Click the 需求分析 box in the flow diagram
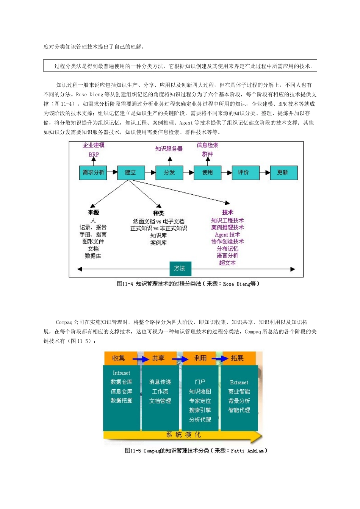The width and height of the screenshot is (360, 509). pos(93,173)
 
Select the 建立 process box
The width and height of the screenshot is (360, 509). pos(130,173)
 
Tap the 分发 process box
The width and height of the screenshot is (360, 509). pos(169,173)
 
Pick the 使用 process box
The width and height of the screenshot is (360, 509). pos(207,173)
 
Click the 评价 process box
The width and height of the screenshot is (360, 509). pos(244,173)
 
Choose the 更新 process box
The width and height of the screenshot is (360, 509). pos(283,173)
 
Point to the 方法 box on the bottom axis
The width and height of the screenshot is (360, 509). pos(180,269)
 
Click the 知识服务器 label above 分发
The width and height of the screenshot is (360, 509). pos(169,149)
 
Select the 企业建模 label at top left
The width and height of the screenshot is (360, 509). pos(94,145)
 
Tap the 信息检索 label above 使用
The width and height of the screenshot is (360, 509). pos(207,145)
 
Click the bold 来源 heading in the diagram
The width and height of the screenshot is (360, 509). pos(93,212)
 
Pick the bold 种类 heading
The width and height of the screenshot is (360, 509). pos(158,213)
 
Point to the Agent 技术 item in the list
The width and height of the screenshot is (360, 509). pos(227,234)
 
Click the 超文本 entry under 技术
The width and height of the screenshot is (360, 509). pos(227,262)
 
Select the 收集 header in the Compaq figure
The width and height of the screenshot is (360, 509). pos(119,358)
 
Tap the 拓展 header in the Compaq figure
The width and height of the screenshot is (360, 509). pos(237,358)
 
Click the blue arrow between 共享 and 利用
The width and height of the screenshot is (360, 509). pos(180,359)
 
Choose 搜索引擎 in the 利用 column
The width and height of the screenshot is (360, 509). pos(200,410)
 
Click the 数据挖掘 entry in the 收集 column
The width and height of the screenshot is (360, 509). pos(122,401)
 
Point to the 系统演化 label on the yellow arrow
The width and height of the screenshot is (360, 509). pos(184,435)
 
